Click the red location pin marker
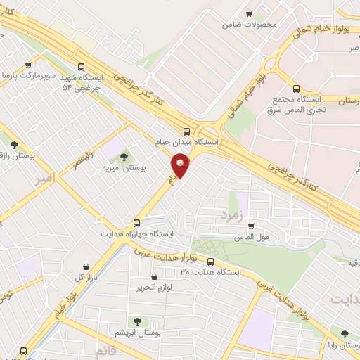181,166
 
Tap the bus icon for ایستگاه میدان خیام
186,131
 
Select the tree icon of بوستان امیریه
124,157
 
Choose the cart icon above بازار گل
86,266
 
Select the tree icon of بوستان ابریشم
138,320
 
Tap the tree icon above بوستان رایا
345,335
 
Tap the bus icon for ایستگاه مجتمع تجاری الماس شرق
296,89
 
